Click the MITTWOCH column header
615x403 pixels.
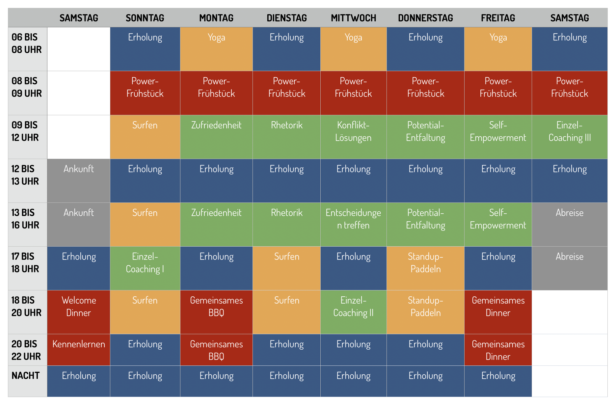pos(353,18)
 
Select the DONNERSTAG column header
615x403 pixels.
pos(425,18)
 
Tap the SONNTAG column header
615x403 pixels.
pos(145,18)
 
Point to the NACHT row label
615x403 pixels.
pos(26,376)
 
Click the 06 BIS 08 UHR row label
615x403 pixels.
pos(27,43)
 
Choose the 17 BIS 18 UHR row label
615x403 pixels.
pos(25,263)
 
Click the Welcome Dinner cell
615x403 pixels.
pos(79,307)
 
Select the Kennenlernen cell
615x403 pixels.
pos(79,344)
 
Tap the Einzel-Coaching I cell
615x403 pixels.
pos(145,263)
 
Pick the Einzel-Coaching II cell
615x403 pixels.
pos(353,307)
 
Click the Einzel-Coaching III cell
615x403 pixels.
pos(570,131)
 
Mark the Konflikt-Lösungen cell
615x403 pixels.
pos(353,131)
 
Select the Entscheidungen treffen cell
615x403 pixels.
pos(353,219)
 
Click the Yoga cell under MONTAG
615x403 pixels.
pos(216,38)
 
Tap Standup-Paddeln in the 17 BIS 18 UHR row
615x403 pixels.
pos(425,263)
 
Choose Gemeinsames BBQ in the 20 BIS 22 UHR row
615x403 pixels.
pos(216,350)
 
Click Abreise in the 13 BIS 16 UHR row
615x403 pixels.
pos(570,213)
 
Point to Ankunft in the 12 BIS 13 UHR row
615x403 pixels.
pos(79,169)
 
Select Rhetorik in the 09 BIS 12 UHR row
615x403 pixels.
pos(286,125)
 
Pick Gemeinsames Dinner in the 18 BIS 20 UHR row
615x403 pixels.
pos(498,307)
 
